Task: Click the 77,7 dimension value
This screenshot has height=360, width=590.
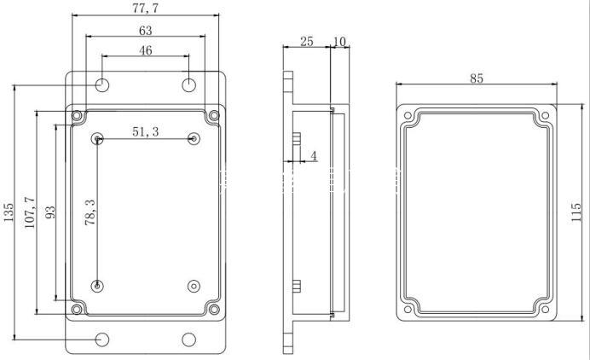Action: pyautogui.click(x=145, y=9)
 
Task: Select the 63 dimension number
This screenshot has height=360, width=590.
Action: pyautogui.click(x=146, y=31)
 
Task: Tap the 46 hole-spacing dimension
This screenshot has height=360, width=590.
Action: pyautogui.click(x=146, y=50)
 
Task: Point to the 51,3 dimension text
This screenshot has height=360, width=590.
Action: pyautogui.click(x=146, y=131)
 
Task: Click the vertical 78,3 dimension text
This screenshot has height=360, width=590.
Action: pyautogui.click(x=90, y=212)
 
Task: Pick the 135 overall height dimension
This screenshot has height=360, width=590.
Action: pyautogui.click(x=9, y=212)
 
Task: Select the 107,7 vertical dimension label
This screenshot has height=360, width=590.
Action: pyautogui.click(x=30, y=212)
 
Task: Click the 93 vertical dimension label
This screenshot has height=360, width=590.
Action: pyautogui.click(x=50, y=212)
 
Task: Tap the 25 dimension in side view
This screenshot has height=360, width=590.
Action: pyautogui.click(x=307, y=42)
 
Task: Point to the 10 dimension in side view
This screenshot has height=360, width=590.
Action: pyautogui.click(x=339, y=42)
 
